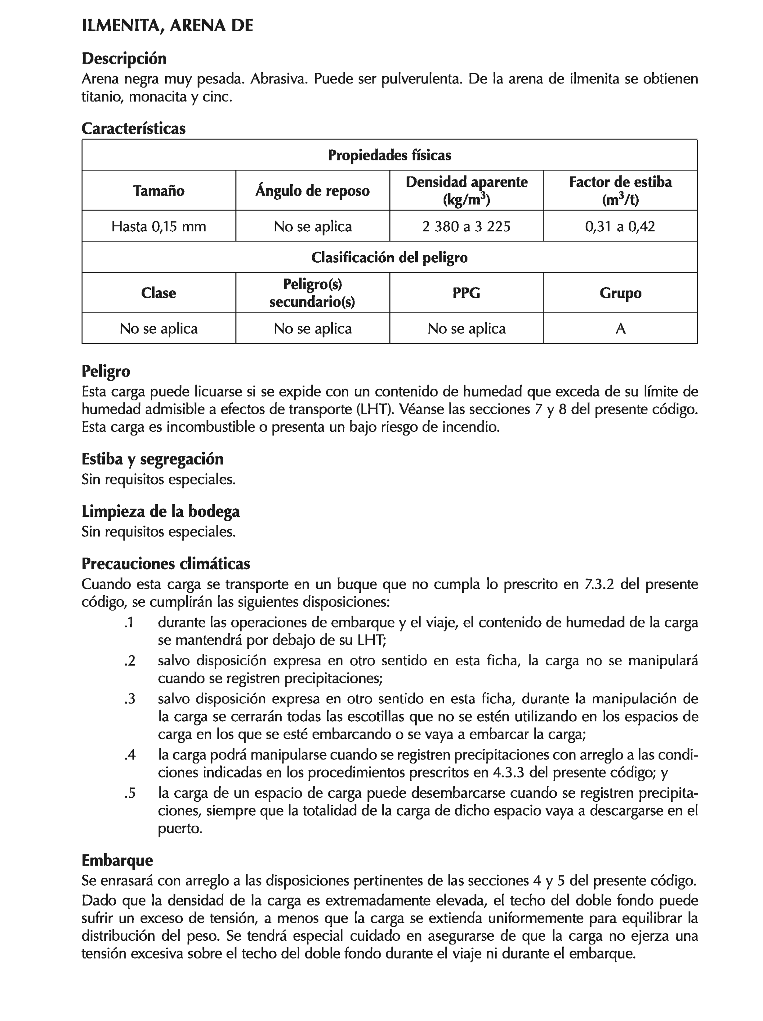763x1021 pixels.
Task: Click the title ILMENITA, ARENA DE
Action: tap(167, 26)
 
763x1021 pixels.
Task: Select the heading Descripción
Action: tap(124, 58)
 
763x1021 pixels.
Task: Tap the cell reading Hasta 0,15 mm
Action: tap(158, 226)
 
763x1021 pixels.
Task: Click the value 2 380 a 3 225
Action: tap(466, 226)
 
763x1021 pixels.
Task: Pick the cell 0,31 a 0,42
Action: tap(620, 226)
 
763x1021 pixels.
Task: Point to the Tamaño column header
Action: tap(158, 191)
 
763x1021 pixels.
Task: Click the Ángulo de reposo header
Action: tap(312, 191)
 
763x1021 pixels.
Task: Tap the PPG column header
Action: tap(466, 293)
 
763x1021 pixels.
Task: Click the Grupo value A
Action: tap(620, 328)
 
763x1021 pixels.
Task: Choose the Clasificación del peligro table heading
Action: tap(389, 257)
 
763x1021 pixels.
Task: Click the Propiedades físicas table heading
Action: tap(389, 155)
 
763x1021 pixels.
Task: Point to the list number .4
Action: tap(130, 755)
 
